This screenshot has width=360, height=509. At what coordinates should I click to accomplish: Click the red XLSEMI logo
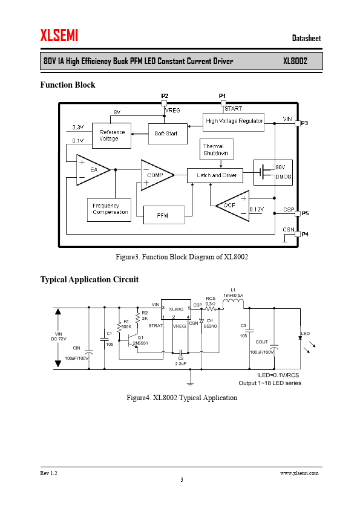(x=59, y=35)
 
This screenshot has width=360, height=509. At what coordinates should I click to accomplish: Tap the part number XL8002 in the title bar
(x=295, y=61)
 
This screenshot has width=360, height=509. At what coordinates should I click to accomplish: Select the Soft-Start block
(x=168, y=134)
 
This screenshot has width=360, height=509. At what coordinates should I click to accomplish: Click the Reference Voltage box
(x=111, y=135)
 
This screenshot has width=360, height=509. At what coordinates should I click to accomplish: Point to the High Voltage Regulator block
(x=234, y=122)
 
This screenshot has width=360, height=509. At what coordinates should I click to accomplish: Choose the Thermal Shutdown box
(x=217, y=149)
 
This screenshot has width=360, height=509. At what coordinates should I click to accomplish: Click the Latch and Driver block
(x=215, y=175)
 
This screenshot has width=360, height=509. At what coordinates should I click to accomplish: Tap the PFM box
(x=164, y=215)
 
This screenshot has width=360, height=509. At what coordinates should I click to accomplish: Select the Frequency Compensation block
(x=109, y=210)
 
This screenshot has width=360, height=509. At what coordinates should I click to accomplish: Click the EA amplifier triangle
(x=93, y=170)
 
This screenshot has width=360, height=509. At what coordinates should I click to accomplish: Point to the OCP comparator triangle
(x=234, y=206)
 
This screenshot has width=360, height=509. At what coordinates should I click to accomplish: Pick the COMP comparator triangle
(x=157, y=175)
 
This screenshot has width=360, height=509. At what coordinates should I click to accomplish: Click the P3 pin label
(x=304, y=123)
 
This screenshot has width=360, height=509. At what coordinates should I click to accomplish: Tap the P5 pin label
(x=305, y=213)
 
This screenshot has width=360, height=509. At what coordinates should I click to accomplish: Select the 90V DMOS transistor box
(x=273, y=172)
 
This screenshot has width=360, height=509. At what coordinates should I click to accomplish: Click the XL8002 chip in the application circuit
(x=176, y=310)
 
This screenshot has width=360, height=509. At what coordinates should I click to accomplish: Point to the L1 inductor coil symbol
(x=233, y=303)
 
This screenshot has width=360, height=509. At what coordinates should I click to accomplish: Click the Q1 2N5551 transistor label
(x=141, y=340)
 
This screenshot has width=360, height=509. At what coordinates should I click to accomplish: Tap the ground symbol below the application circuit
(x=190, y=382)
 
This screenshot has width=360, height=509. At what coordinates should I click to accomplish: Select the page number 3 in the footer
(x=182, y=480)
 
